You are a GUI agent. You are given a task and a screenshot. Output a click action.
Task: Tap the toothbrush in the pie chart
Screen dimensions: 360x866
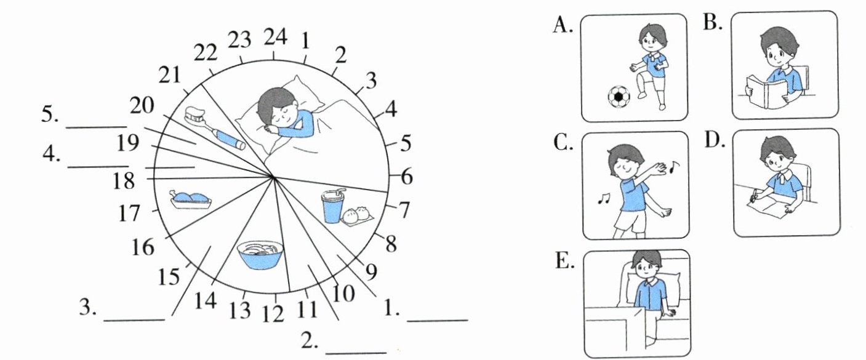coord(215,129)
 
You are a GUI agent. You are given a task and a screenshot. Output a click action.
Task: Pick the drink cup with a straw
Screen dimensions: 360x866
coord(332,206)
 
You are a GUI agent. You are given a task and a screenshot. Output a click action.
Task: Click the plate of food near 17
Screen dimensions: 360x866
coord(191,199)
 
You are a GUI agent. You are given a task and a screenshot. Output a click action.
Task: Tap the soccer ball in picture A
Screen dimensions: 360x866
coord(619,97)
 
